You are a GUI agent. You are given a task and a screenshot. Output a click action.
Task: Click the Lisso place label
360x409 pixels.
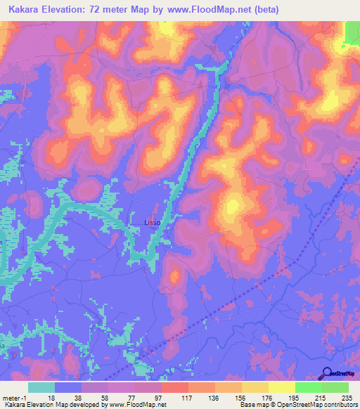153,223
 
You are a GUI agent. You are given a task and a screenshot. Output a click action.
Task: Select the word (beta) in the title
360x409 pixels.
266,10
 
